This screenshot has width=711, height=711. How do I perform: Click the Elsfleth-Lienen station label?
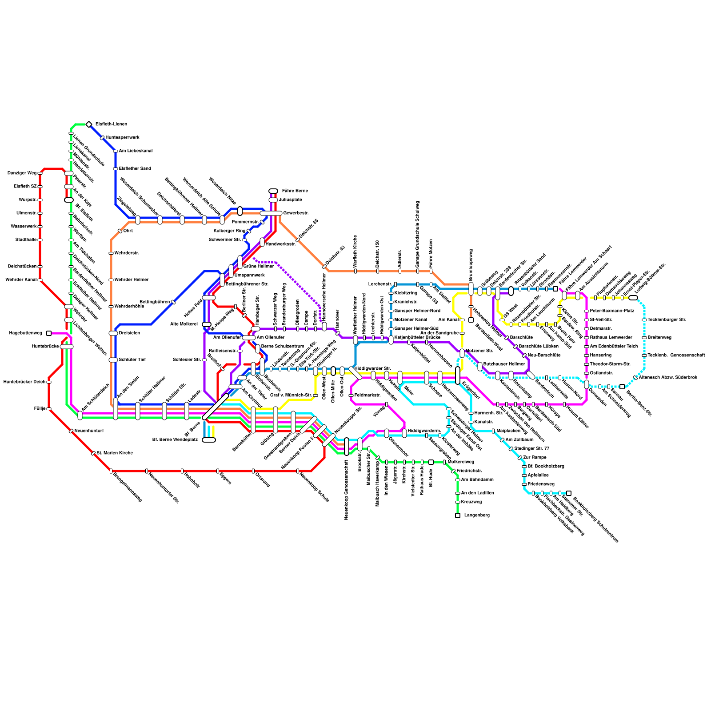(x=111, y=124)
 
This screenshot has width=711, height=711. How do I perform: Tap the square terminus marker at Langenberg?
(x=458, y=515)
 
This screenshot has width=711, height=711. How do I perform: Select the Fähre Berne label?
(x=295, y=191)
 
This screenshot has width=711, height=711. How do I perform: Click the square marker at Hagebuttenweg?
(x=49, y=333)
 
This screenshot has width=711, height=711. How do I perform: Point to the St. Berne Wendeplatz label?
(x=175, y=440)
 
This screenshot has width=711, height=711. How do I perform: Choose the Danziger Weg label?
(x=22, y=173)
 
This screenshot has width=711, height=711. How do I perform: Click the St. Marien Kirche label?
(x=115, y=453)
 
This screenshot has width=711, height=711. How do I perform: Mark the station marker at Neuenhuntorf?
(x=71, y=431)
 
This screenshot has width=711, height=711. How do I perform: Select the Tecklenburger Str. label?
(x=667, y=320)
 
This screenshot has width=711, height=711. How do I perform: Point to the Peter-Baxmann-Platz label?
(x=612, y=311)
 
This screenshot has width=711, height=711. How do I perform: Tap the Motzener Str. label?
(x=479, y=351)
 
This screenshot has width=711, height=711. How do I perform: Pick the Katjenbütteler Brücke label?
(x=417, y=338)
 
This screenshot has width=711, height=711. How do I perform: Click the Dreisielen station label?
(x=129, y=333)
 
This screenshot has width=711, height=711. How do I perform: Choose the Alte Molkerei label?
(x=184, y=324)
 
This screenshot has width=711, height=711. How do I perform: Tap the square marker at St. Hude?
(x=431, y=462)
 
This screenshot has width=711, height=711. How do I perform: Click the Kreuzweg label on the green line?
(x=471, y=502)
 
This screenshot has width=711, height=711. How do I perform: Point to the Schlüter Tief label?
(x=132, y=360)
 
